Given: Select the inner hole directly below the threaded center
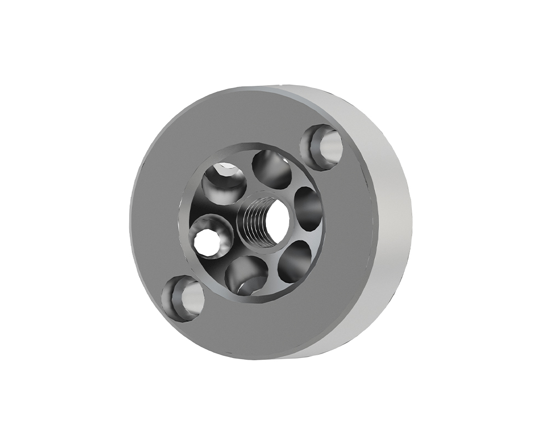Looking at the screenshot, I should [244, 275].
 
